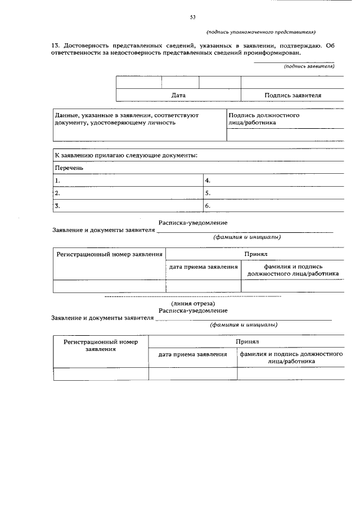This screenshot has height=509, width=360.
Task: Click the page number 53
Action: [x=192, y=17]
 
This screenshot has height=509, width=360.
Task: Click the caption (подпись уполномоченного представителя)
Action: [x=260, y=32]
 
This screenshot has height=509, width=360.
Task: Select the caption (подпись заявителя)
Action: [x=309, y=66]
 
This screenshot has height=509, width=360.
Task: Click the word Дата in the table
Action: [x=178, y=96]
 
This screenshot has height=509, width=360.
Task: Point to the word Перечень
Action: [x=69, y=168]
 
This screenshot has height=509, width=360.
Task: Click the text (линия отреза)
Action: [x=192, y=304]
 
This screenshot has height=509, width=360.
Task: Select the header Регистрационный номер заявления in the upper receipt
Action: [x=109, y=255]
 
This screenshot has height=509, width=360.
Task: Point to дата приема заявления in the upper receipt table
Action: [x=203, y=267]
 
